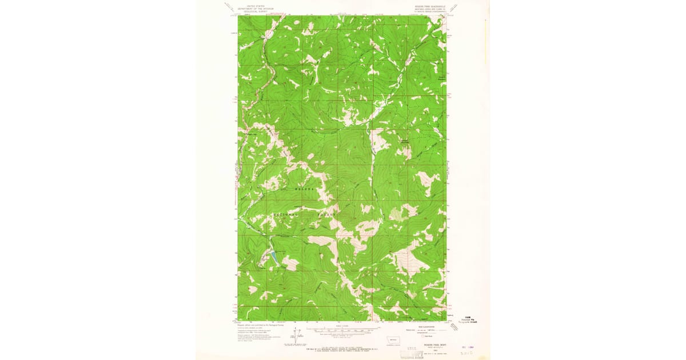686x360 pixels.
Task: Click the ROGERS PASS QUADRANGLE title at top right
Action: click(423, 7)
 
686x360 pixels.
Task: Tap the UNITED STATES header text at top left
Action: click(251, 6)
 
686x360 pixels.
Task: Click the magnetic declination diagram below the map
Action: click(296, 335)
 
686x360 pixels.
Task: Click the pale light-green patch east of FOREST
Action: click(396, 215)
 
